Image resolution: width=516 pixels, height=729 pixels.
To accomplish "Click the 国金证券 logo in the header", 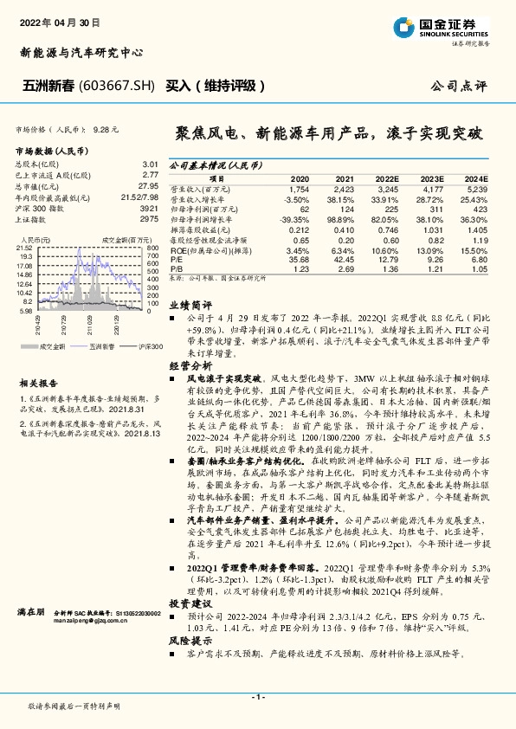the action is [455, 26].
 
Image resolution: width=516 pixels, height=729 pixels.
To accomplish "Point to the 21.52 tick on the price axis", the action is [24, 248].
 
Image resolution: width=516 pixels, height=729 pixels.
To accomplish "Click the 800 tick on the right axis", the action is [152, 248].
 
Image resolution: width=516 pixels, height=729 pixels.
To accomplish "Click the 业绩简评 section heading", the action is [190, 306].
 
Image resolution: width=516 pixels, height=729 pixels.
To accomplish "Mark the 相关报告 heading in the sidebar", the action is [38, 382].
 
